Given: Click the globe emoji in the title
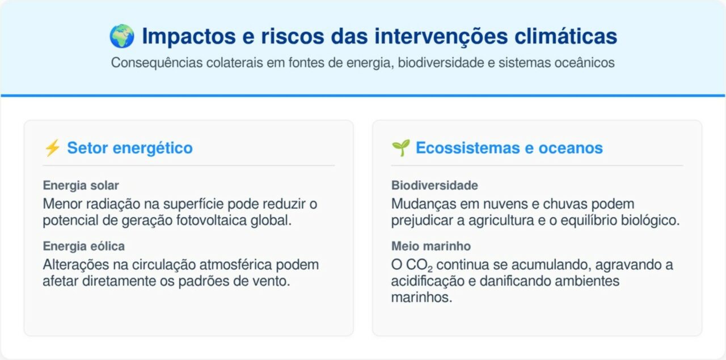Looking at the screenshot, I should [x=122, y=36].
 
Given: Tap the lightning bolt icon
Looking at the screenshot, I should [x=52, y=149].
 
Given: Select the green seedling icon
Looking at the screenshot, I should [x=400, y=149].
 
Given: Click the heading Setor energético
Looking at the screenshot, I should [x=130, y=149].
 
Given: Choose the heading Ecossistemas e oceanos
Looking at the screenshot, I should [x=509, y=149].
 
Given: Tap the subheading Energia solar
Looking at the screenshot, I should [x=81, y=185].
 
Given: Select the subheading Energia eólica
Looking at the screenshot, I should [x=83, y=246].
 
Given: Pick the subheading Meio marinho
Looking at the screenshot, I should [x=430, y=246].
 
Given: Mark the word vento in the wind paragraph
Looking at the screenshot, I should [x=272, y=281].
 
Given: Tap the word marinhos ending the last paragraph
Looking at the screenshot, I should [x=421, y=298].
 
